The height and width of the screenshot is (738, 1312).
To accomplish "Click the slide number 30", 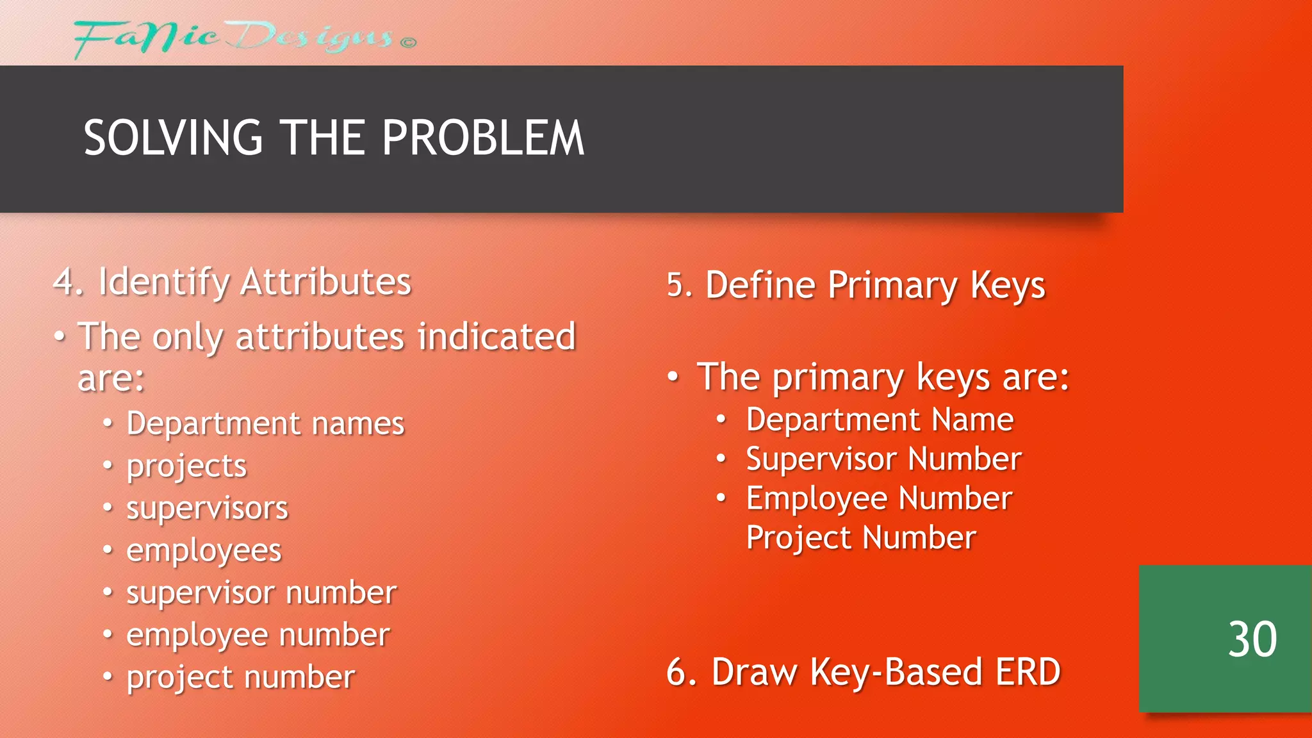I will tap(1252, 639).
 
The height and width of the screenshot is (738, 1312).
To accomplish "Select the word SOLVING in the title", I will tap(173, 138).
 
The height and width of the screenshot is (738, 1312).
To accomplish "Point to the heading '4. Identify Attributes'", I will tap(232, 282).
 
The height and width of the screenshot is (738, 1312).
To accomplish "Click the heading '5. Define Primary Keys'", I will tap(856, 285).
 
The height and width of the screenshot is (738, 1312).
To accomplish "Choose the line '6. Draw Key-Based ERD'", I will tap(863, 672).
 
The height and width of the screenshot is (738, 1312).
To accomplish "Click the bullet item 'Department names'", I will tap(265, 423).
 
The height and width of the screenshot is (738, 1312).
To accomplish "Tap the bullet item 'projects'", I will tap(186, 466).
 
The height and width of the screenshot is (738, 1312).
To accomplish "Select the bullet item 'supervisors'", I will tap(207, 509).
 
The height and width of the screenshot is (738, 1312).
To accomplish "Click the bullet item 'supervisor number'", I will tap(261, 593).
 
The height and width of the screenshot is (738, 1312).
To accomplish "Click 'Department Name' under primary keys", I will tap(880, 420).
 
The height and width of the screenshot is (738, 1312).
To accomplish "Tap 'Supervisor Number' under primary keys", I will tap(883, 459).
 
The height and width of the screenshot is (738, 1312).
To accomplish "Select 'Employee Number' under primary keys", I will tap(879, 499).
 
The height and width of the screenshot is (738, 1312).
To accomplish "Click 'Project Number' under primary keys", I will tap(861, 537).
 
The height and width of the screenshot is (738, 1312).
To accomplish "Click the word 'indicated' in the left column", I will tap(496, 337).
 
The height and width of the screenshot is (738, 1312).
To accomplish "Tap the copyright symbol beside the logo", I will tap(408, 43).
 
